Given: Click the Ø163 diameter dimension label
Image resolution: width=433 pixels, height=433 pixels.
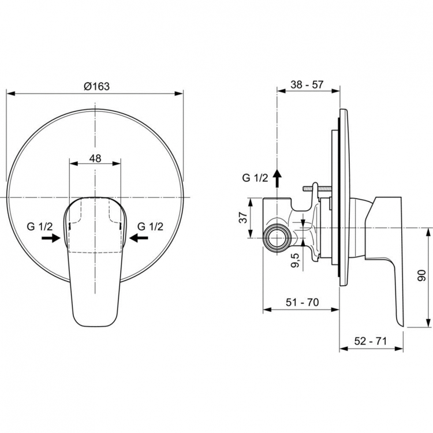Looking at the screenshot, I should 96,86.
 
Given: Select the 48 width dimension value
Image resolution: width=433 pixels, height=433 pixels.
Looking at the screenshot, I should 96,158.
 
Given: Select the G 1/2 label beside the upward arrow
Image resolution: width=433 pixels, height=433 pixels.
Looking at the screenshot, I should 255,178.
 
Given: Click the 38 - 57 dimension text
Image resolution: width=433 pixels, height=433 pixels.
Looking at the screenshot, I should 307,84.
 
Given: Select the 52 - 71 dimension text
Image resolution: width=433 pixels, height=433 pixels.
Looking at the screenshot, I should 370,341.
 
